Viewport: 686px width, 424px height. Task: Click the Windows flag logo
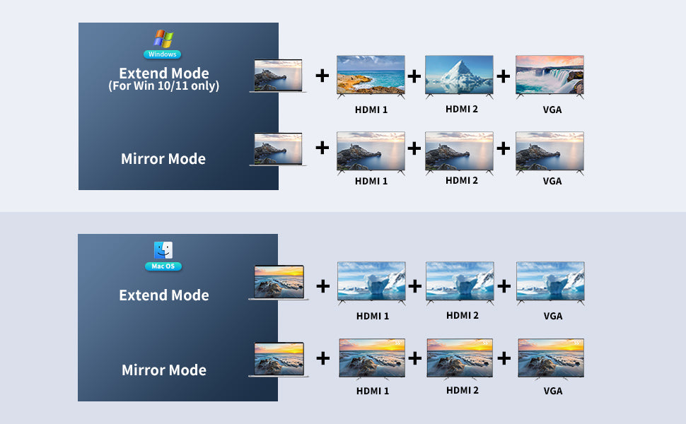point(163,38)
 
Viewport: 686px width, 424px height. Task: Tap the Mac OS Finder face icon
point(163,250)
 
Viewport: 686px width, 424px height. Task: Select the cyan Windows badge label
point(163,54)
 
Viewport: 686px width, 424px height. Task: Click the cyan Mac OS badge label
point(163,266)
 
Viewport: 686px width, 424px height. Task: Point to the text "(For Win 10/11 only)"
point(163,86)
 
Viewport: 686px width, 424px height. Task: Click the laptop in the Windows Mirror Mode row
point(278,150)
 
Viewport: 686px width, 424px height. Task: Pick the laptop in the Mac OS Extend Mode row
point(279,283)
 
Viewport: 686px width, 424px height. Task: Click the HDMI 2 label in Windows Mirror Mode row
point(462,180)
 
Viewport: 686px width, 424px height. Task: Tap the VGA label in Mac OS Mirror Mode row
point(553,391)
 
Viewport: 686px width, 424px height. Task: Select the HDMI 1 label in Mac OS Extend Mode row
point(372,316)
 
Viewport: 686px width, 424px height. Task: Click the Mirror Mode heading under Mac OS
point(163,370)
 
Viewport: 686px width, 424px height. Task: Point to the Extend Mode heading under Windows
point(163,73)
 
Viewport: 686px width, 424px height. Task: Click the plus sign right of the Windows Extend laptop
point(322,76)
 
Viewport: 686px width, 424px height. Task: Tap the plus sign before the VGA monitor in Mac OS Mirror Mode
point(504,358)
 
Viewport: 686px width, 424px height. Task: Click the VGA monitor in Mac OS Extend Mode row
point(550,283)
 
